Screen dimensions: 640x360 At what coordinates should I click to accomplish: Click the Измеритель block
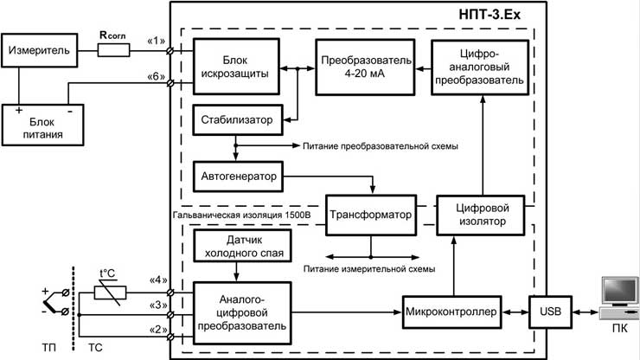click(x=39, y=50)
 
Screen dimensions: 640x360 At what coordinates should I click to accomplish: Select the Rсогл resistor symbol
click(x=113, y=51)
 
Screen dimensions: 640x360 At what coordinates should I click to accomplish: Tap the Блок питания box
click(x=42, y=125)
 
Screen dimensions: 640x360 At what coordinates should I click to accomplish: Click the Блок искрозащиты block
click(x=236, y=67)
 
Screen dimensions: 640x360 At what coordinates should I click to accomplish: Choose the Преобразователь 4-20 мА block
click(x=365, y=67)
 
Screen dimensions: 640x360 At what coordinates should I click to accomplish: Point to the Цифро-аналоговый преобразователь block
click(x=480, y=67)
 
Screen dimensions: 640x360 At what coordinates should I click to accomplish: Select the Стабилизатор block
click(x=238, y=120)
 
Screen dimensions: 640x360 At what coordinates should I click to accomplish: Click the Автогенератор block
click(x=238, y=177)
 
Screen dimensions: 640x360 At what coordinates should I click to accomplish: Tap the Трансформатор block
click(x=371, y=215)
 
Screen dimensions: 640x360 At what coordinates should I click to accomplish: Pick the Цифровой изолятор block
click(x=480, y=215)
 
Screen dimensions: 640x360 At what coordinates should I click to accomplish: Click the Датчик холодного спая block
click(x=242, y=246)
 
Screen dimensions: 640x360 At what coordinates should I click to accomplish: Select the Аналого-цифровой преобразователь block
click(x=242, y=313)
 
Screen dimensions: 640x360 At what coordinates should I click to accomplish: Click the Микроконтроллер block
click(x=451, y=312)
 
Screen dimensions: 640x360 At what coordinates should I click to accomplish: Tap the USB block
click(x=551, y=312)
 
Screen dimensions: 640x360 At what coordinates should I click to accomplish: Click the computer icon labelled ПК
click(x=619, y=299)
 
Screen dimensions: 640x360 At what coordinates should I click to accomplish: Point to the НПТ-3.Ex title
click(x=490, y=15)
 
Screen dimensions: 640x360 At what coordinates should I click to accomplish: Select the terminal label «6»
click(x=156, y=76)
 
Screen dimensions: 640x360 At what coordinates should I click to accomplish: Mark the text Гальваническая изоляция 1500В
click(x=241, y=215)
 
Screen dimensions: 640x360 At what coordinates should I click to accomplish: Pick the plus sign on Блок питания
click(x=19, y=110)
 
